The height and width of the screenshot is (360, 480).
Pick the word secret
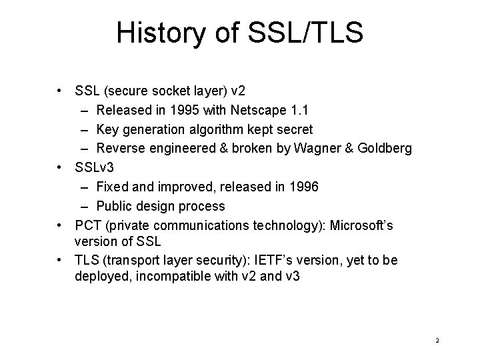[294, 129]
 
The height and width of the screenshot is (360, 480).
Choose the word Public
[114, 206]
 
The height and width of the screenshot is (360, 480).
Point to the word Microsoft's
[357, 225]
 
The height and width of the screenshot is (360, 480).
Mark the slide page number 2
[437, 341]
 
